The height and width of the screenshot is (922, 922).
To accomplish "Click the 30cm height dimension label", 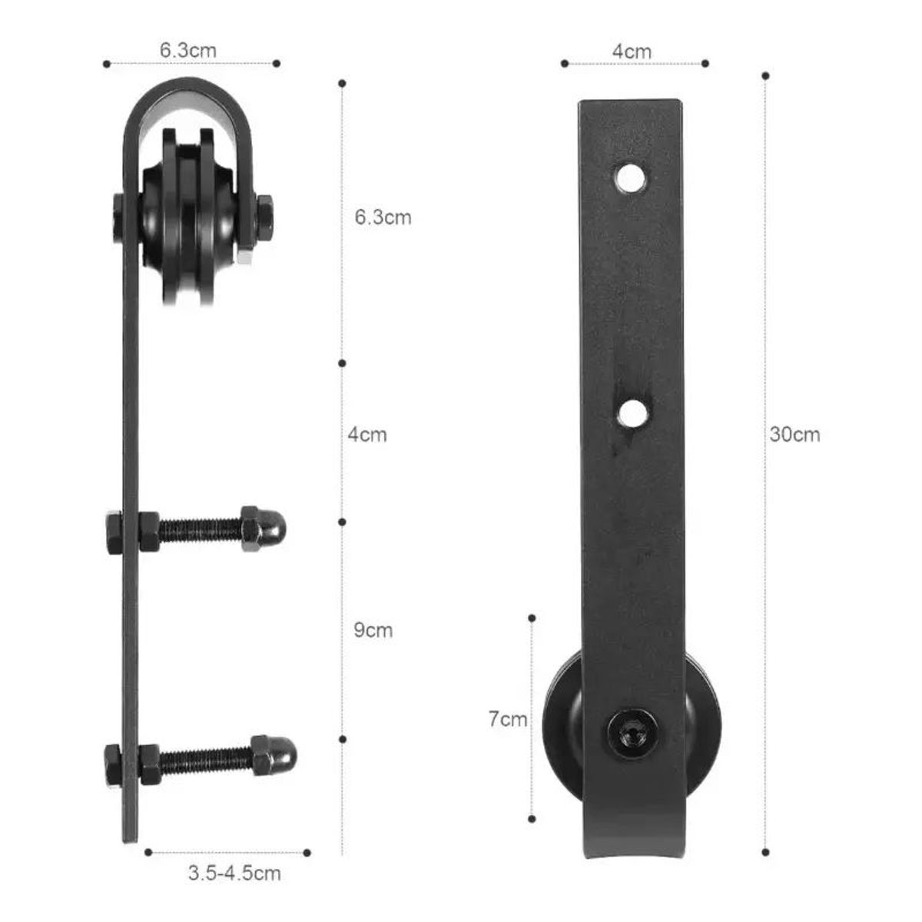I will [x=795, y=435].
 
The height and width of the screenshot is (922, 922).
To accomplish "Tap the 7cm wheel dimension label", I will [x=508, y=720].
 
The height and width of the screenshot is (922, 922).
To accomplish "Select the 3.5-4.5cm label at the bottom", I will [x=234, y=874].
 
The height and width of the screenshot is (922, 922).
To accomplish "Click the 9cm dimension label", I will [x=373, y=631].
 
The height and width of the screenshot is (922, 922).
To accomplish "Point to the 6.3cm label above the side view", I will [x=188, y=51].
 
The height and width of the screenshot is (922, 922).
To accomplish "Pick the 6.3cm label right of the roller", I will [x=383, y=217].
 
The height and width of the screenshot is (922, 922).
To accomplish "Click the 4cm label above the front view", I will [x=632, y=51].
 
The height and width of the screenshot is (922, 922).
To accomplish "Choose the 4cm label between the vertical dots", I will [x=367, y=435].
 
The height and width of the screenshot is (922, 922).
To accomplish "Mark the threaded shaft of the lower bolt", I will [x=204, y=758].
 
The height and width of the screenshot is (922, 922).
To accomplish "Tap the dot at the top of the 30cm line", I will [x=765, y=75].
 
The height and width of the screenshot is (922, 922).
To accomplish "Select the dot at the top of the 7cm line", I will [x=532, y=617].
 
